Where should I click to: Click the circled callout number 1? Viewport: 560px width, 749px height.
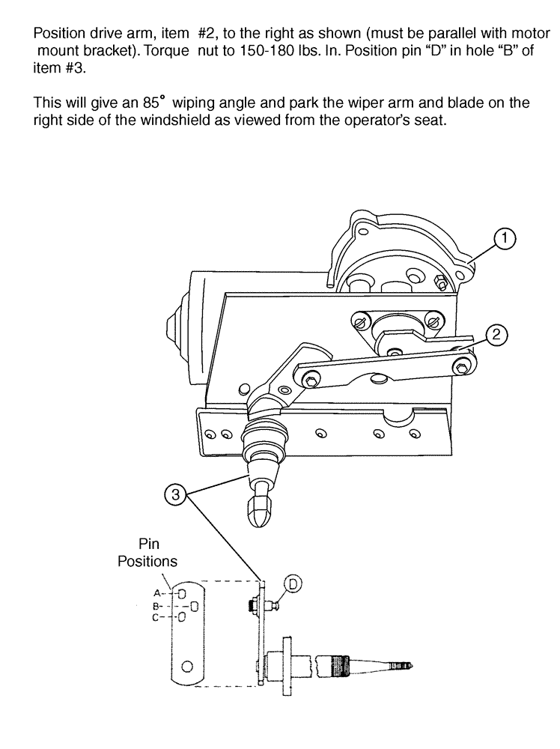point(505,239)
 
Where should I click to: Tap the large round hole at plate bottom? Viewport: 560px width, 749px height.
point(187,665)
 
